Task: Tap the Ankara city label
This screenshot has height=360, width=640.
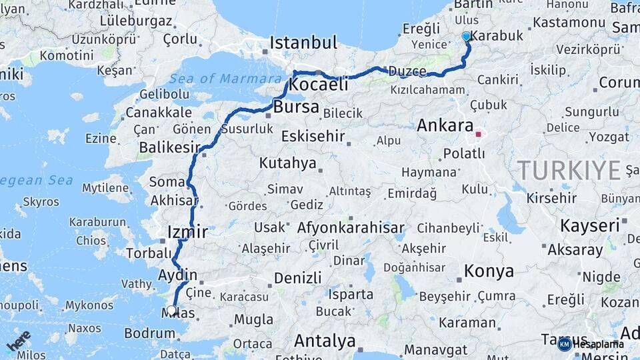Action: click(445, 125)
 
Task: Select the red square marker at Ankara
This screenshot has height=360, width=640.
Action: click(478, 134)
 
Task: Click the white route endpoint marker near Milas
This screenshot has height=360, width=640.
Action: click(171, 310)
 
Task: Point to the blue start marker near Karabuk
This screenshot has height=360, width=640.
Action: click(466, 37)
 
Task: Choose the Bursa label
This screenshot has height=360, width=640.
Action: click(296, 107)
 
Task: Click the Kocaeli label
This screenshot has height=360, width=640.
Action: click(319, 85)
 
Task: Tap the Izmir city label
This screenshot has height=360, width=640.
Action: click(187, 232)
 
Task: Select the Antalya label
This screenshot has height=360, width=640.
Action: click(325, 341)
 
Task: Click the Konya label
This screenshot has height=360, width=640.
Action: click(489, 271)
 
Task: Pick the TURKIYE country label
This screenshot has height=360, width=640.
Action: click(569, 171)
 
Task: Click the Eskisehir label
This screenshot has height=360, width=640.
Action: click(313, 137)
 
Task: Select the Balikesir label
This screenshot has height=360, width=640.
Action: click(169, 147)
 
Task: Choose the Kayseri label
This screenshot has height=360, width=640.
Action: click(590, 225)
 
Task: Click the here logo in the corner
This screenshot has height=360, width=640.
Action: click(19, 341)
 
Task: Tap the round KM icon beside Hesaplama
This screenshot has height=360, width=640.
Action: click(564, 344)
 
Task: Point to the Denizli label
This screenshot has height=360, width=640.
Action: click(297, 277)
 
